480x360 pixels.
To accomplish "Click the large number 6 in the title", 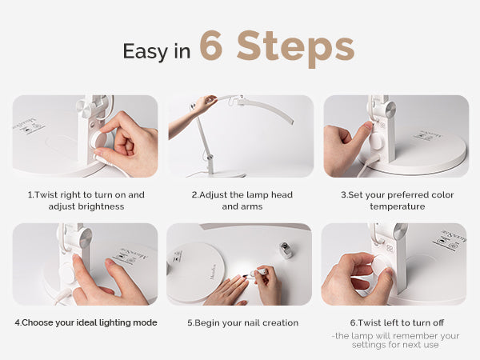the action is pyautogui.click(x=211, y=46).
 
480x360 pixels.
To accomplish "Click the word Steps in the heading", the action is pyautogui.click(x=296, y=48).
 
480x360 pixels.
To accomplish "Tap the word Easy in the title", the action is pyautogui.click(x=145, y=51).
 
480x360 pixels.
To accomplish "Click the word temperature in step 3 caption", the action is pyautogui.click(x=398, y=206).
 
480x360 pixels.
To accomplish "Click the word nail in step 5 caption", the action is pyautogui.click(x=251, y=322).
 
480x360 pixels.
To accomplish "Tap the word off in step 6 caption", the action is pyautogui.click(x=438, y=322).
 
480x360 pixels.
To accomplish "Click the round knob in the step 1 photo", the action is pyautogui.click(x=98, y=139).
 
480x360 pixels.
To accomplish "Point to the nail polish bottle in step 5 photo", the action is pyautogui.click(x=286, y=250).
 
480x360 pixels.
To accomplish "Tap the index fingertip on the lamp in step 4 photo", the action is pyautogui.click(x=75, y=258).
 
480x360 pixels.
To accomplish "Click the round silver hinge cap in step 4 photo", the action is pyautogui.click(x=86, y=238).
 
